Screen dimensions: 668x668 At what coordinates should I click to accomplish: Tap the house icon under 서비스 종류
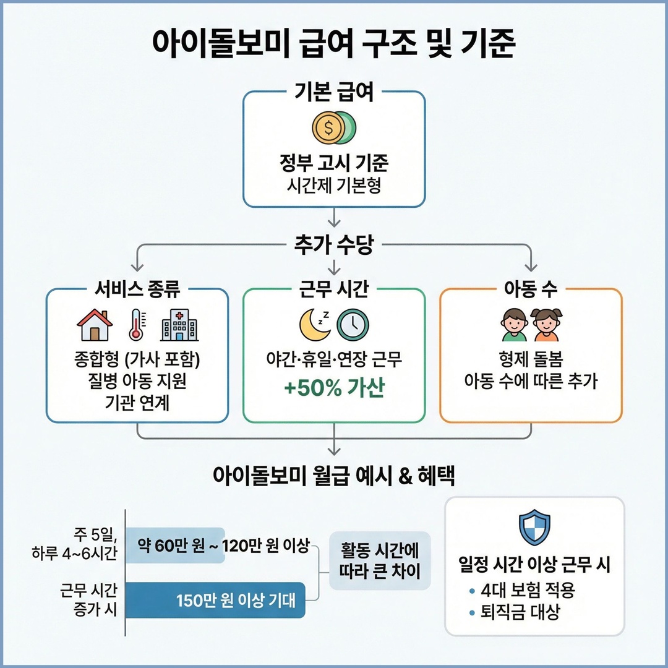(x=94, y=325)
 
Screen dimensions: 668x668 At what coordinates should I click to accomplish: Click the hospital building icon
(x=179, y=325)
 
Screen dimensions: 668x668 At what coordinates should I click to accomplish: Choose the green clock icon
(x=353, y=324)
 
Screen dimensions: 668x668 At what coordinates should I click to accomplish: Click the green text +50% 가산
(x=334, y=390)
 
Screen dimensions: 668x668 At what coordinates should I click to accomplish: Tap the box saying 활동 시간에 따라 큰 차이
(x=380, y=561)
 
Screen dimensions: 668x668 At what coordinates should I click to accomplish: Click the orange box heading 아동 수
(x=531, y=288)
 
